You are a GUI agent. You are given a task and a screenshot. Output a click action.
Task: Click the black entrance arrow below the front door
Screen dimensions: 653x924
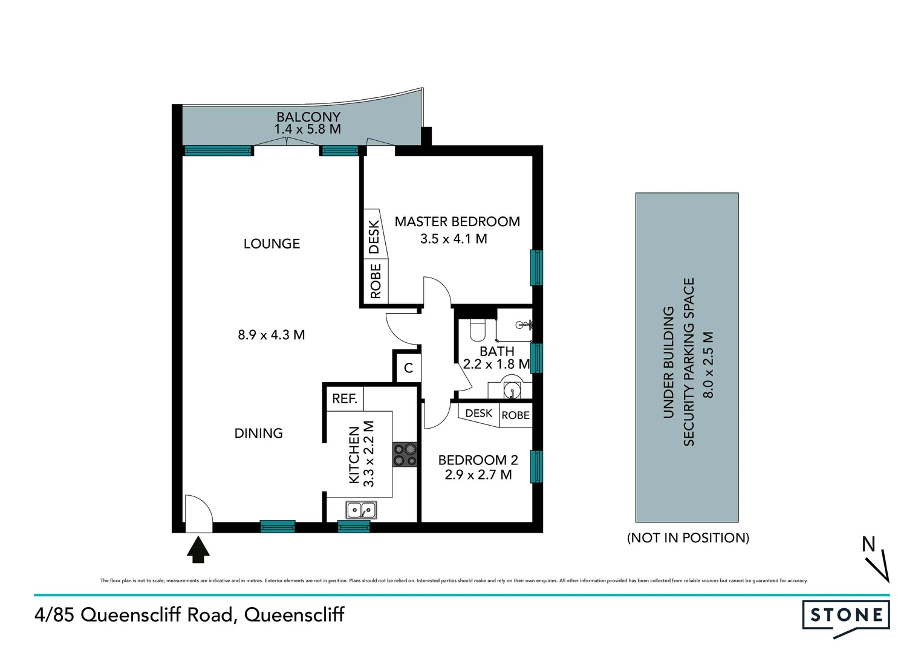[198, 550]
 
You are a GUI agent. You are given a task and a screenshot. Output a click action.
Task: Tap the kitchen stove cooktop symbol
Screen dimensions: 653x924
[405, 455]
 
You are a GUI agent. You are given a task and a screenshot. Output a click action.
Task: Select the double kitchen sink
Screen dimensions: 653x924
[361, 510]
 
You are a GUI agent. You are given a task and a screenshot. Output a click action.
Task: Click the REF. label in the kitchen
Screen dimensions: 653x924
[345, 398]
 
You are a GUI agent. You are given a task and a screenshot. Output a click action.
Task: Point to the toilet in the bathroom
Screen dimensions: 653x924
[478, 330]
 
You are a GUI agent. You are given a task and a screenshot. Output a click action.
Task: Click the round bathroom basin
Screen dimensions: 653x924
[512, 388]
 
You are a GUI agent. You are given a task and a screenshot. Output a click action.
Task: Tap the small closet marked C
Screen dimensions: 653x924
[408, 368]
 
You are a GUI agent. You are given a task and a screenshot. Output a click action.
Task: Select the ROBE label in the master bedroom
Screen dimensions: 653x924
[376, 281]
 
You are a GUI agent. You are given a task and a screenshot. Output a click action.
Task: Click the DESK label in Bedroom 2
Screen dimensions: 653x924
[478, 413]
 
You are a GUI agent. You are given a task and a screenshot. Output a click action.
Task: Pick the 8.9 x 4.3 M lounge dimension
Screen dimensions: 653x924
[271, 334]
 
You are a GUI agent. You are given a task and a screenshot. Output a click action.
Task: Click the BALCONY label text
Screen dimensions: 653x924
[308, 116]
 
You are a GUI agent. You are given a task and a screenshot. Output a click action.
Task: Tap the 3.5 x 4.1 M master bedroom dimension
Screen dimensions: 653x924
[454, 239]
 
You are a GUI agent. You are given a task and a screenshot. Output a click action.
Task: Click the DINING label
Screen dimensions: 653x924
[258, 433]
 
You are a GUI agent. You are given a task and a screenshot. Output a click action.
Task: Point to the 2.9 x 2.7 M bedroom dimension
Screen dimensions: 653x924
[478, 475]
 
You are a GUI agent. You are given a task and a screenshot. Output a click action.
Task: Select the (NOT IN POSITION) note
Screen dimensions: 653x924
[688, 538]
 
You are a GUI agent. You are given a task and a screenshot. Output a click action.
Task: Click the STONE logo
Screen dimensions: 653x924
[846, 616]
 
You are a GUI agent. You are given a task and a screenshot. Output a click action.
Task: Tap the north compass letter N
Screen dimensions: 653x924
[868, 544]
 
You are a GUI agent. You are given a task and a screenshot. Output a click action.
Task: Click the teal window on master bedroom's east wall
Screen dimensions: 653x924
[536, 267]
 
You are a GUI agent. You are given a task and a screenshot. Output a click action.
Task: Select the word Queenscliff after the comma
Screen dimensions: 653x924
[294, 615]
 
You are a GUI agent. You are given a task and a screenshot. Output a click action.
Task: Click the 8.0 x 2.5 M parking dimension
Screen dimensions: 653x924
[708, 365]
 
